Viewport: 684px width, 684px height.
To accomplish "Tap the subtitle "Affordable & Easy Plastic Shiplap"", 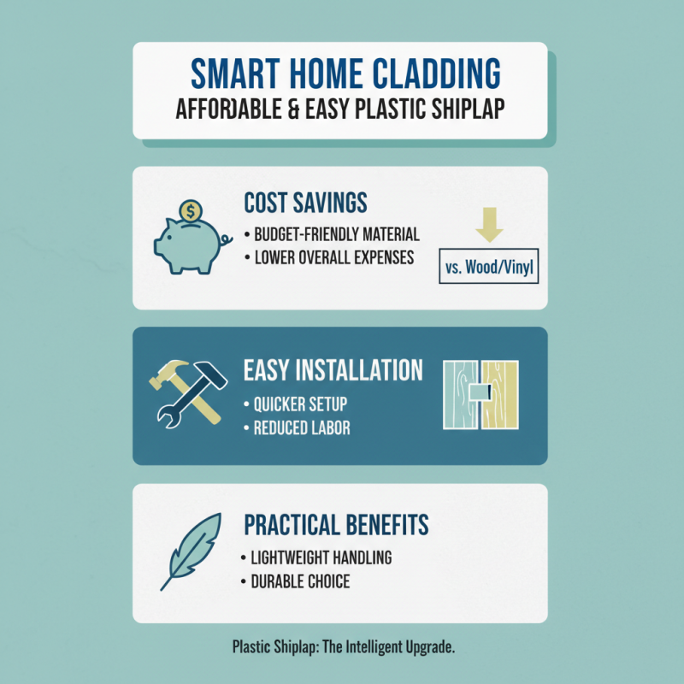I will point(339,110).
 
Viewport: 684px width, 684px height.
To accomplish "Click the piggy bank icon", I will point(188,244).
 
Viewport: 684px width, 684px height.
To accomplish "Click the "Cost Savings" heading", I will point(305,203).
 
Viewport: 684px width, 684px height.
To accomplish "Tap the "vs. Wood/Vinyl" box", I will point(488,268).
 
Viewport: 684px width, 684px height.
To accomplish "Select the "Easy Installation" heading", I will point(333,370).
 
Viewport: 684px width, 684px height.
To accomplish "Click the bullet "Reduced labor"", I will point(297,427).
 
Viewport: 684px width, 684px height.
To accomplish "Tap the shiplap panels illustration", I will point(481,395).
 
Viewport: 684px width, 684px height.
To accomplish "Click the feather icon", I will point(192,551).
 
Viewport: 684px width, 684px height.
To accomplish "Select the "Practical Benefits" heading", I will point(336,523).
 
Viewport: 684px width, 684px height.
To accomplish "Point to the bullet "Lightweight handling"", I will point(316,557).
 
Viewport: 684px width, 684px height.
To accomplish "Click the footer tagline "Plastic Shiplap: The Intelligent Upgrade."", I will point(343,647).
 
